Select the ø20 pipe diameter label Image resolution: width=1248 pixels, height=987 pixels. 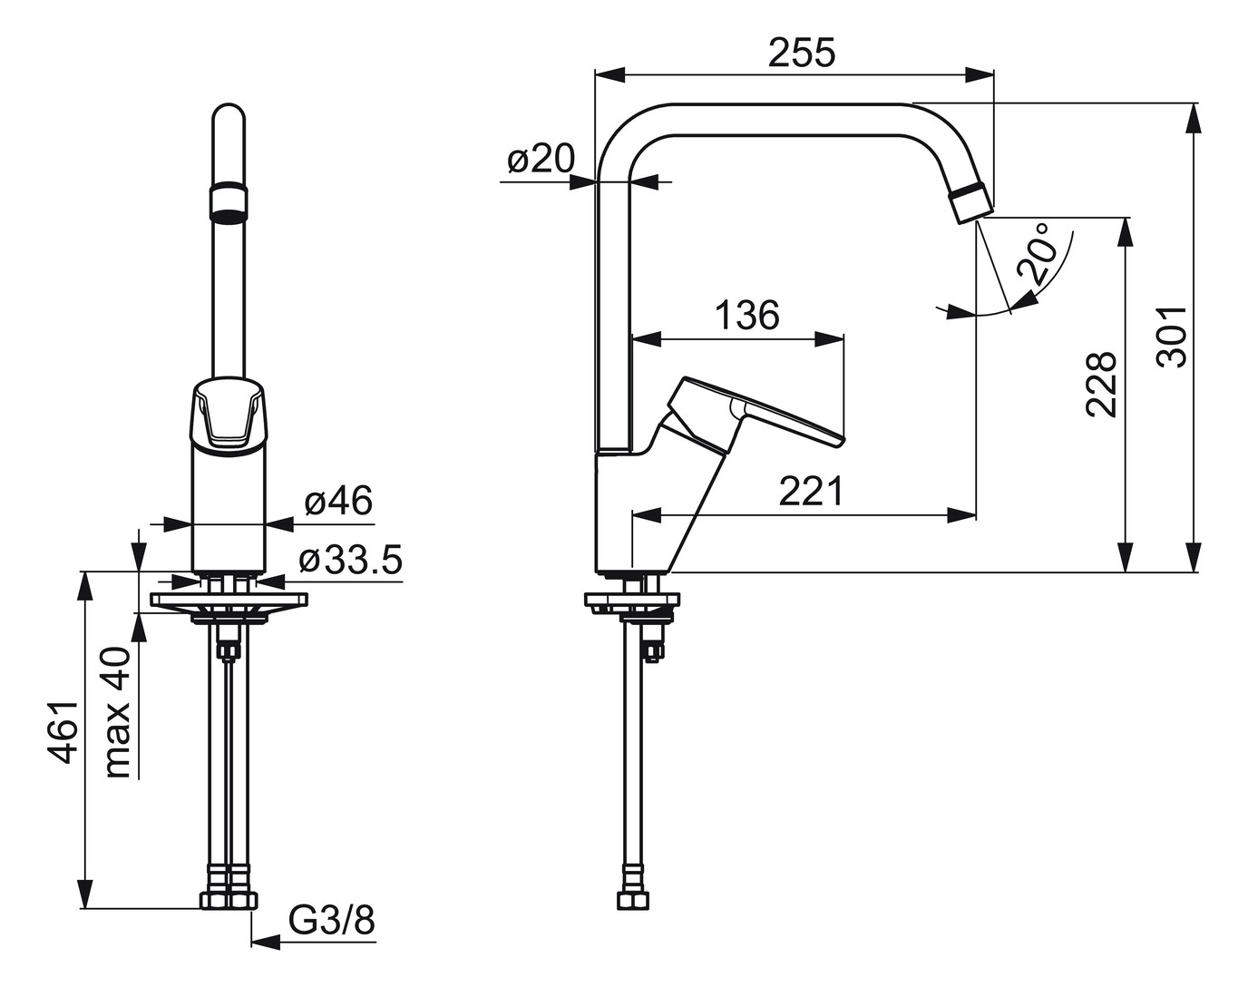(x=541, y=161)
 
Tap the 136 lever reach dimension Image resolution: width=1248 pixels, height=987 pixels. (x=746, y=316)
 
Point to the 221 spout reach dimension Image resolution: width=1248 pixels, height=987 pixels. (x=811, y=493)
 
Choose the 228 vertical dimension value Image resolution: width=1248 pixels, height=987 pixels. (x=1101, y=384)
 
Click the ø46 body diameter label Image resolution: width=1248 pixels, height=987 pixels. (x=337, y=502)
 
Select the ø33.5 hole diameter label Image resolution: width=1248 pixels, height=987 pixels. (x=349, y=561)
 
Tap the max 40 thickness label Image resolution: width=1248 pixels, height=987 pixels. (x=119, y=712)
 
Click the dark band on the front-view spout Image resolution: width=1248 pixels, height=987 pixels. (x=229, y=203)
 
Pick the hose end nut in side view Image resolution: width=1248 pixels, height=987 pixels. (x=633, y=900)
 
